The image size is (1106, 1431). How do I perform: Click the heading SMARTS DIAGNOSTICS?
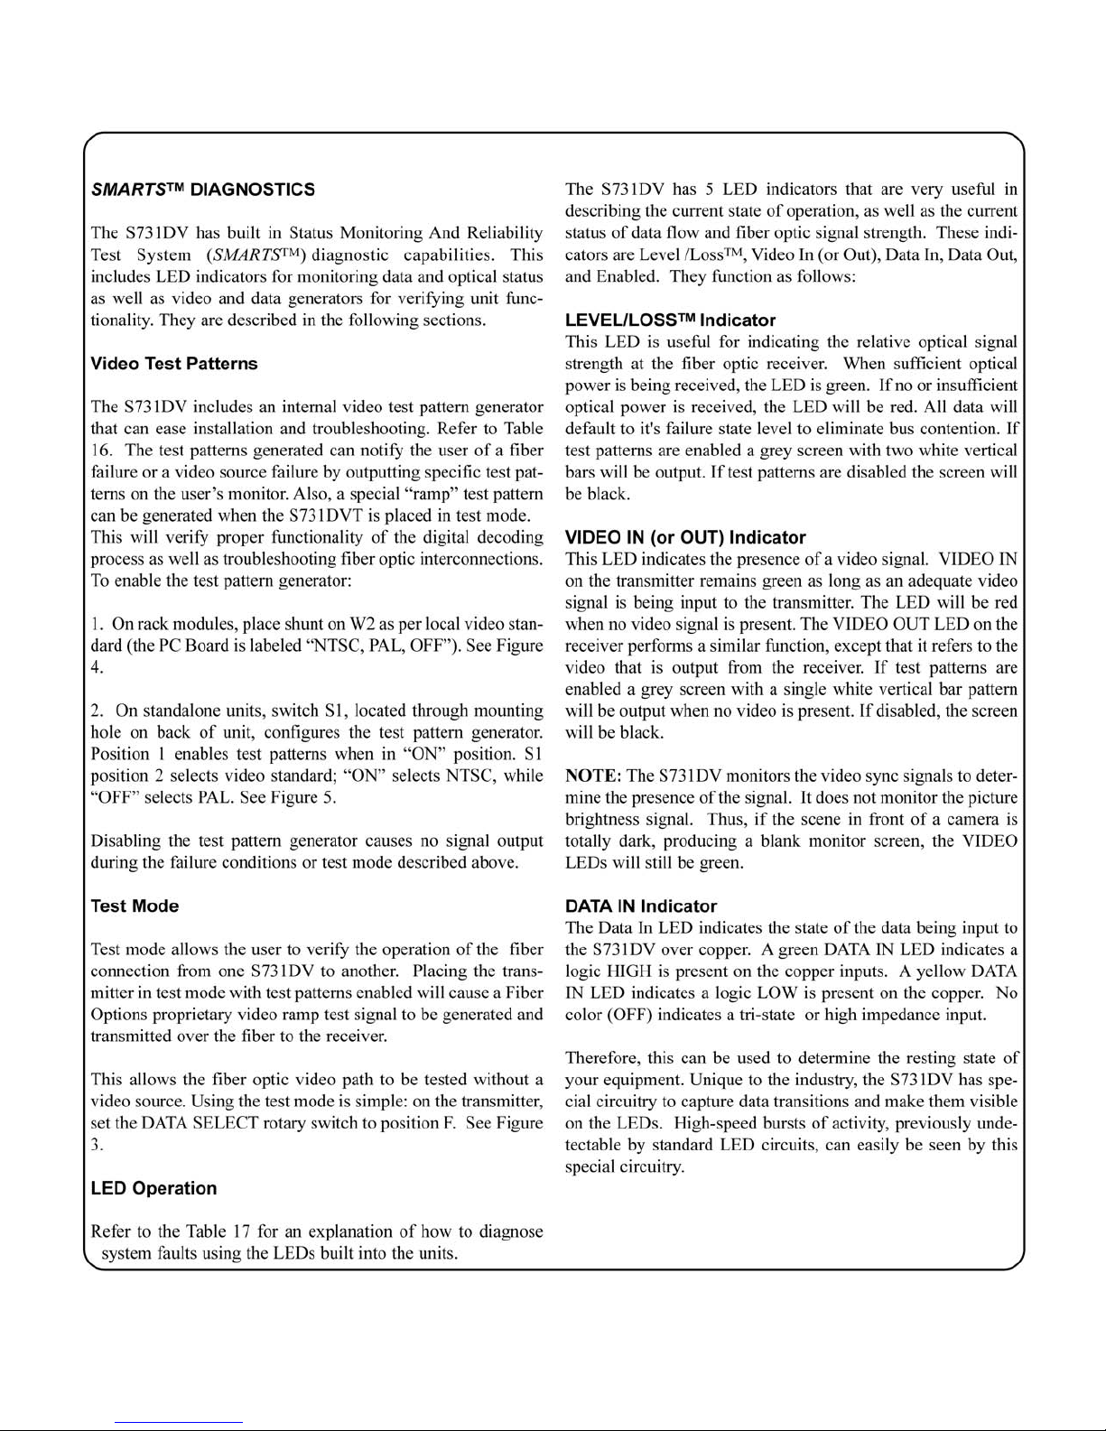pyautogui.click(x=203, y=190)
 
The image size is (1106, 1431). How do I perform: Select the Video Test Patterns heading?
pyautogui.click(x=174, y=364)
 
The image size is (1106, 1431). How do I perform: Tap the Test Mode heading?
pyautogui.click(x=135, y=906)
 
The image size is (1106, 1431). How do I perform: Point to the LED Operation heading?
pyautogui.click(x=153, y=1189)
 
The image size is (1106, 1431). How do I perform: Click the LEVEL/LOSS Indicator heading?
pyautogui.click(x=670, y=321)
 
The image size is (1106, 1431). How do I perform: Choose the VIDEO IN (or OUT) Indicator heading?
pyautogui.click(x=685, y=538)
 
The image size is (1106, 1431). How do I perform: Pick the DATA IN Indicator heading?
pyautogui.click(x=641, y=906)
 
